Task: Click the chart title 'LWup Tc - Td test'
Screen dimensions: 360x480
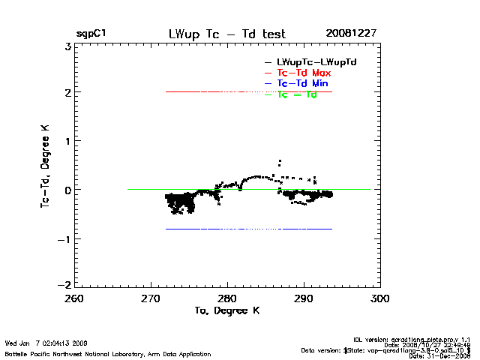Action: [226, 34]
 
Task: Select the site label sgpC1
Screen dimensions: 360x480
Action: [91, 34]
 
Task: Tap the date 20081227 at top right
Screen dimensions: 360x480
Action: [351, 34]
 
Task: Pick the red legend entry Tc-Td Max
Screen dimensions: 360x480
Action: [304, 72]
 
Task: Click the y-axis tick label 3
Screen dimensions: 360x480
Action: [67, 46]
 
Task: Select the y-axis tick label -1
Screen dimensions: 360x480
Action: [64, 238]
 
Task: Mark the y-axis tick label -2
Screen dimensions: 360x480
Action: [64, 286]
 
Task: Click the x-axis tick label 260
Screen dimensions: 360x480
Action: [74, 298]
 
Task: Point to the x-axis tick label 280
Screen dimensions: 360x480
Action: [227, 298]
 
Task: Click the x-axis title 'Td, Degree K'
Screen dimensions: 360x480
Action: [226, 310]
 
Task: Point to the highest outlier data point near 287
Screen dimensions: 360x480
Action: [280, 161]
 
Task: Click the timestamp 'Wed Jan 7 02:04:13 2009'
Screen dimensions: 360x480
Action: [46, 343]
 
